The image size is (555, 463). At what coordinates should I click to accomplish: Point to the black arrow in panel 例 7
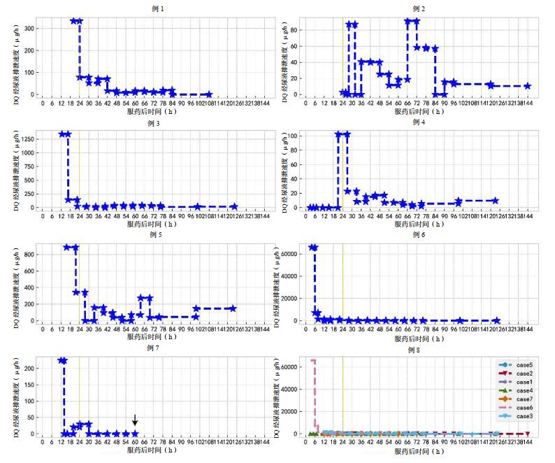pos(135,420)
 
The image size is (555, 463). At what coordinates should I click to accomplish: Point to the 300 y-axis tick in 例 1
pos(29,29)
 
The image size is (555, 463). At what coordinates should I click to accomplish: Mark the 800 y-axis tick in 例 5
pos(29,255)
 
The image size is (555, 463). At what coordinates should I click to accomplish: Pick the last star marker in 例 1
pos(208,94)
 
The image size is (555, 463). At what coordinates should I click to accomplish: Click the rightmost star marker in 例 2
pos(527,87)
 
